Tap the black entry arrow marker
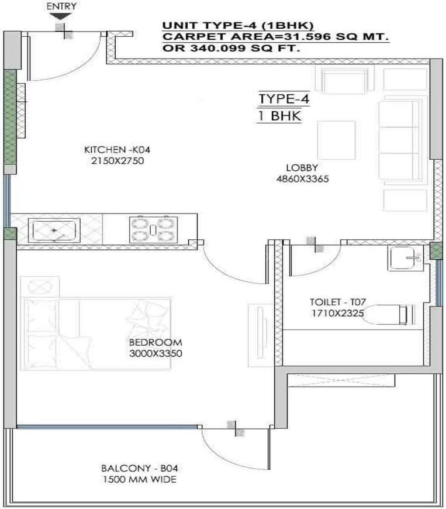[x=60, y=16]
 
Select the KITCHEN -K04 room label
[x=113, y=149]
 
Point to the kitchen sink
[x=54, y=230]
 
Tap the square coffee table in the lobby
[x=336, y=140]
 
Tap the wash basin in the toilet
[x=404, y=257]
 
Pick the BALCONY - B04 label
[x=139, y=469]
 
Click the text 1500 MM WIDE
[x=139, y=480]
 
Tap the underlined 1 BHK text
[x=279, y=115]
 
